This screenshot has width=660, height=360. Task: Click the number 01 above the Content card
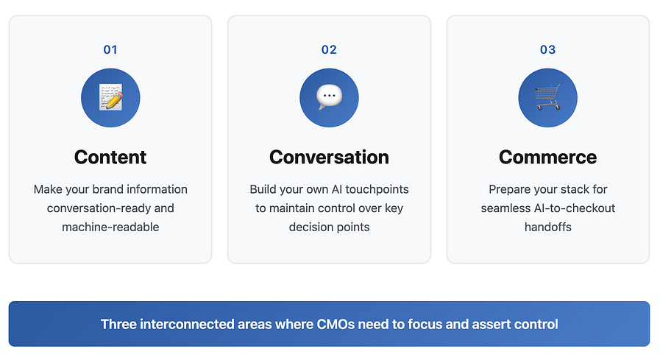pyautogui.click(x=110, y=50)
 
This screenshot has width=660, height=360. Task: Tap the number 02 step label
pyautogui.click(x=329, y=50)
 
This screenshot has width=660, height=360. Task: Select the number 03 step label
pyautogui.click(x=547, y=50)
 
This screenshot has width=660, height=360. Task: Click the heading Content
pyautogui.click(x=110, y=157)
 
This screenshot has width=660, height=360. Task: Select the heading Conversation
pyautogui.click(x=329, y=157)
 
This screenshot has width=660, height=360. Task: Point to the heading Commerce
pyautogui.click(x=547, y=157)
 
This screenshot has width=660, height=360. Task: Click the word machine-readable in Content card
pyautogui.click(x=110, y=227)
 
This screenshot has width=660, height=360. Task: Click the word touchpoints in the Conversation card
pyautogui.click(x=377, y=189)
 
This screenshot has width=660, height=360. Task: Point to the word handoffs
pyautogui.click(x=547, y=227)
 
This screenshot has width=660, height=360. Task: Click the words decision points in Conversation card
pyautogui.click(x=329, y=227)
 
